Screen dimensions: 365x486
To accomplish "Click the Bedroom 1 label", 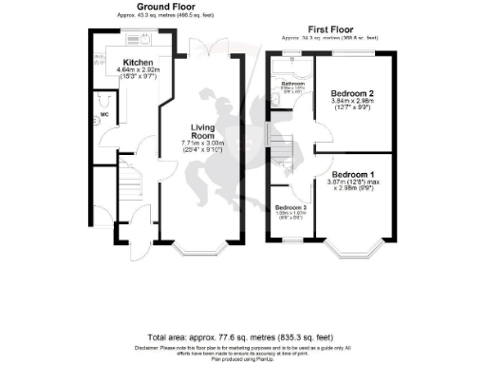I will tap(353, 175).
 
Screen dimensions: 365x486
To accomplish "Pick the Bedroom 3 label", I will tap(290, 207).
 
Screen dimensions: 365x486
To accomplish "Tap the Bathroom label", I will tap(292, 84).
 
